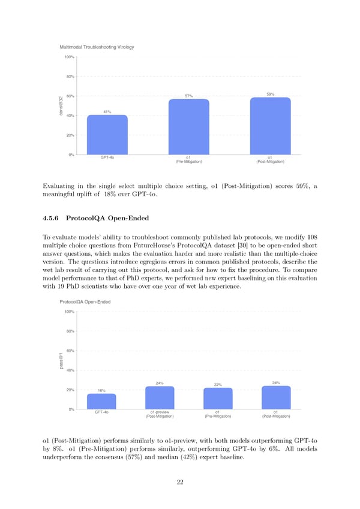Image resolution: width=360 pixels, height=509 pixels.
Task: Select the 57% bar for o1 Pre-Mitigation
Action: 188,127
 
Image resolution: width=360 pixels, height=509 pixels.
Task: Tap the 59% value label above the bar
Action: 270,94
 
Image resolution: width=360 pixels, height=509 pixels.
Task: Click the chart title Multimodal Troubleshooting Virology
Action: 97,47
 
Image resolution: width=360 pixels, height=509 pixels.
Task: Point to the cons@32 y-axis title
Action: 61,106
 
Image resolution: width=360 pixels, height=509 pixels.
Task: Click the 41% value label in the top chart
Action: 107,112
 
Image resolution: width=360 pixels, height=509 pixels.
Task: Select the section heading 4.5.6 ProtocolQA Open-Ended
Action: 107,218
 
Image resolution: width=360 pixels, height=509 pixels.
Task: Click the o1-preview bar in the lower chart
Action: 160,398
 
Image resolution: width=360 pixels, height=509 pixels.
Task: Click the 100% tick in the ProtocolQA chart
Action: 69,312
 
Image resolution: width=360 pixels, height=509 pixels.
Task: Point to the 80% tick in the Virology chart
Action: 69,77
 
